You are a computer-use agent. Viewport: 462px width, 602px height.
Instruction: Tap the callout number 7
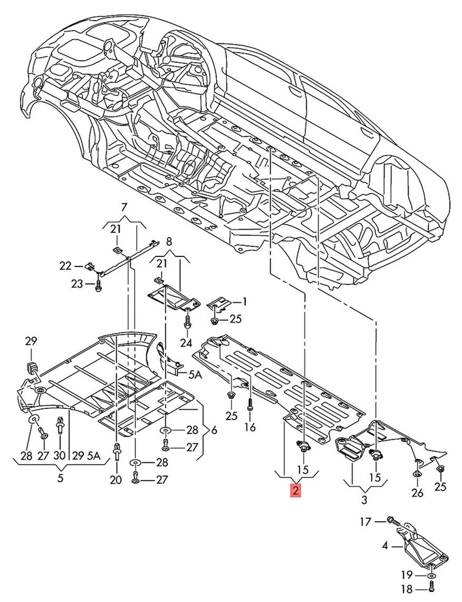click(x=123, y=208)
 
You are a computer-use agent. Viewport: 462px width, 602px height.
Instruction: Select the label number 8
click(x=168, y=240)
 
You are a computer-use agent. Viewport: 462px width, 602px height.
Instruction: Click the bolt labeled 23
click(x=98, y=285)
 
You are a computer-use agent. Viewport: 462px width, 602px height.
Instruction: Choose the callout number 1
click(x=244, y=302)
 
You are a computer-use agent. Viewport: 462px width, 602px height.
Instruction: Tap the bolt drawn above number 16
click(x=250, y=404)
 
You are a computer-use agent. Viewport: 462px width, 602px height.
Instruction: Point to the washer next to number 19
click(x=433, y=574)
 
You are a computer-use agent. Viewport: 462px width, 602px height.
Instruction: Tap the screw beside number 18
click(x=433, y=587)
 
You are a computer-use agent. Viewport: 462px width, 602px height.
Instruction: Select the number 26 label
click(x=416, y=492)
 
